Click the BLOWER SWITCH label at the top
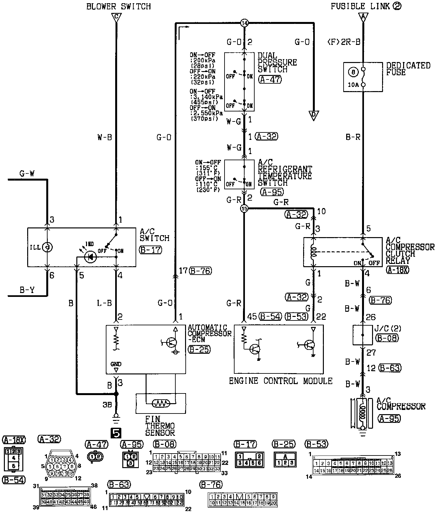[x=118, y=6]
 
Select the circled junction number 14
[x=244, y=23]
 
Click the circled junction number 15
[x=244, y=209]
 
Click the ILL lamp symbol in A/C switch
[x=48, y=247]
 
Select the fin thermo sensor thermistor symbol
[x=161, y=403]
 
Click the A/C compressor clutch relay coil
[x=313, y=252]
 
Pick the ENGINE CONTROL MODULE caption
[x=280, y=381]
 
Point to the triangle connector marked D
[x=313, y=115]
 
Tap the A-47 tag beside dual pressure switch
[x=270, y=79]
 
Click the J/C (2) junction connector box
[x=362, y=335]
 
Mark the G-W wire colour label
[x=27, y=174]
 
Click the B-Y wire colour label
[x=27, y=290]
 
